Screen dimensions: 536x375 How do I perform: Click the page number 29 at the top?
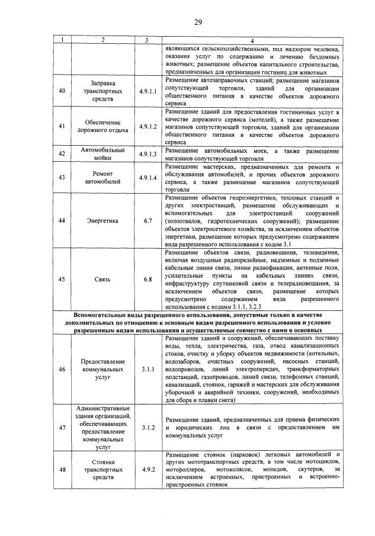tap(198, 23)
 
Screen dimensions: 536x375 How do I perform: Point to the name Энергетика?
tap(104, 221)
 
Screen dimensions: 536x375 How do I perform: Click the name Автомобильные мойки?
tap(104, 154)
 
